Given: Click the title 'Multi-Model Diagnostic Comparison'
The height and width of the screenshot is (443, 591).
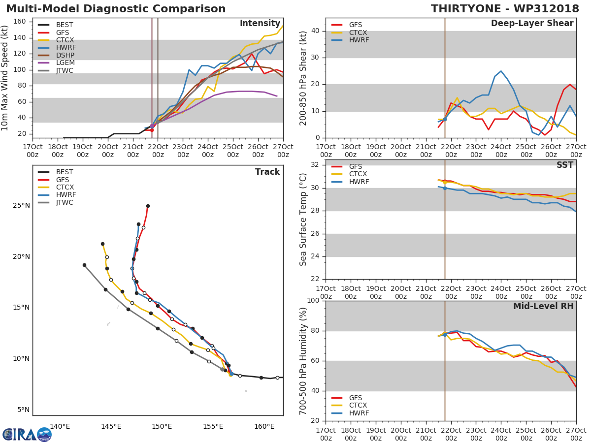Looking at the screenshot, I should [x=116, y=9].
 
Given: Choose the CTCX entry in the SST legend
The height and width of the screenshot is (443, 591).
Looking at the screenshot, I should [x=358, y=174].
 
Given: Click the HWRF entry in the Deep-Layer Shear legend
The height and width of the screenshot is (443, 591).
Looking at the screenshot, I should [x=359, y=40].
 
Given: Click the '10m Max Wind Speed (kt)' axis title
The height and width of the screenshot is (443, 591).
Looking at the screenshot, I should [x=5, y=78].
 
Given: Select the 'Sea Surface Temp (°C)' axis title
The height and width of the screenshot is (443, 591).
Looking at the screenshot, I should [x=303, y=219].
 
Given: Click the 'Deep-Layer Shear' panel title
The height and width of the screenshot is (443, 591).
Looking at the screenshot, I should [x=532, y=24].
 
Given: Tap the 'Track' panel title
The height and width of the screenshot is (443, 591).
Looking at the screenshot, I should [x=267, y=172].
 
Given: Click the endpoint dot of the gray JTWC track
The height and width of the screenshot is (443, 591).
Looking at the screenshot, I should [x=84, y=265].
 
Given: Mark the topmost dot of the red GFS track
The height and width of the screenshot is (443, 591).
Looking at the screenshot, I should [x=148, y=206].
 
